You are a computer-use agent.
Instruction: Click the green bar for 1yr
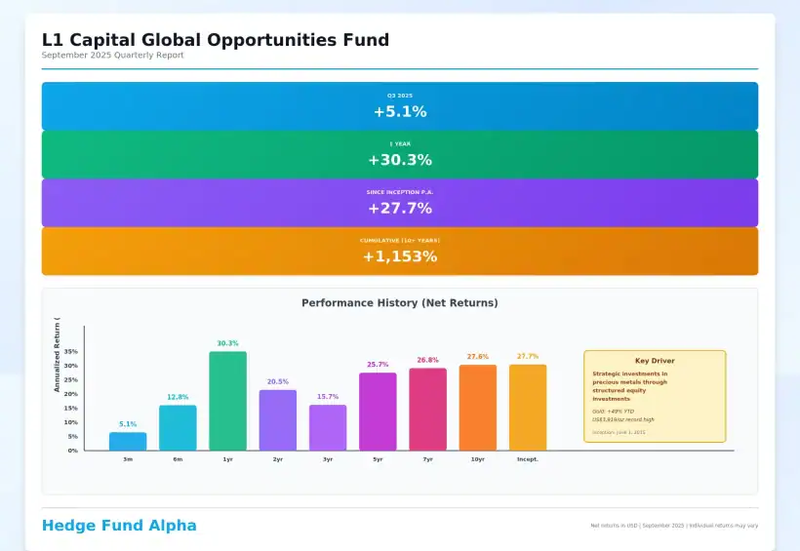click(227, 401)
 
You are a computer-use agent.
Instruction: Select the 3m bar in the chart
click(128, 441)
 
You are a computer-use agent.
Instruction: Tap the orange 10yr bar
click(478, 408)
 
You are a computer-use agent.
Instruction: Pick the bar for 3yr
click(328, 427)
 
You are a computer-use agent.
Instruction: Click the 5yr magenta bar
click(378, 412)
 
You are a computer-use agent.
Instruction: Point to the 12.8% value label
click(178, 397)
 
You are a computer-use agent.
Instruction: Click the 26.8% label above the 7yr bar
click(427, 360)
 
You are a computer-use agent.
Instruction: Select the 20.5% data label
click(278, 381)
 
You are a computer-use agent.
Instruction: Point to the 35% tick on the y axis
click(71, 352)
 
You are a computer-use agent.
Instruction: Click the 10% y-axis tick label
click(71, 422)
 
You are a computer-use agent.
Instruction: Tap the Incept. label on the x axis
click(528, 458)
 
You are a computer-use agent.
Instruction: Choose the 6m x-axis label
click(178, 458)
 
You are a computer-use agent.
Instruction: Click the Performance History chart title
click(400, 303)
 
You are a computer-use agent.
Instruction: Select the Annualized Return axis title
click(58, 355)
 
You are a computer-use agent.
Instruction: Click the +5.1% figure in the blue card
click(400, 112)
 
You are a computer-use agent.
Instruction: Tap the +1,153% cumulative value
click(400, 256)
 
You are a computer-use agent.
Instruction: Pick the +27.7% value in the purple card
click(400, 209)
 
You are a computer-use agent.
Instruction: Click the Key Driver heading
click(655, 361)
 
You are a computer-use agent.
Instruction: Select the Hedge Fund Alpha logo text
click(119, 526)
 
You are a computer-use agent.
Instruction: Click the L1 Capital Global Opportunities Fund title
click(215, 40)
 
